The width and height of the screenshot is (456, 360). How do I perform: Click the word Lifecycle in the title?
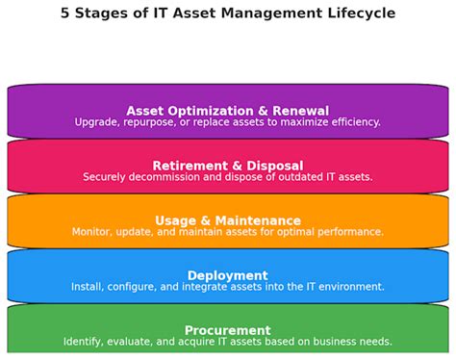(x=357, y=13)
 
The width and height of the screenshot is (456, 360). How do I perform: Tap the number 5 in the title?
(x=65, y=13)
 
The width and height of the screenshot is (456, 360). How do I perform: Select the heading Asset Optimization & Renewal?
(x=227, y=111)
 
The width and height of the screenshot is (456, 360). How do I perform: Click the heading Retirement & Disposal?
(x=227, y=166)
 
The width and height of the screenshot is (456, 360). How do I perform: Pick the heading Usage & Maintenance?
(x=227, y=220)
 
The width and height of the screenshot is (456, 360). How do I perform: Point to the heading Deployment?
(x=227, y=275)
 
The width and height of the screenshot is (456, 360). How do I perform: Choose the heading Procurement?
(x=227, y=330)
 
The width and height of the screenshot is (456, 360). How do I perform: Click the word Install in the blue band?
(x=88, y=287)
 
